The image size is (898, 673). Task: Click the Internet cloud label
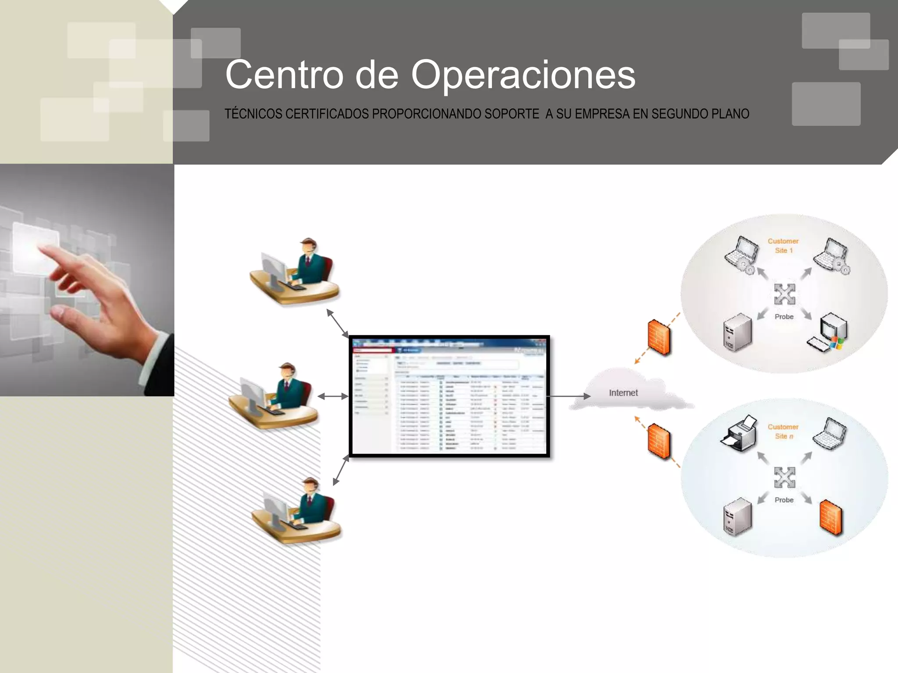tap(623, 393)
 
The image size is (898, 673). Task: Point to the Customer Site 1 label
tap(783, 246)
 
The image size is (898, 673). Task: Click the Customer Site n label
tap(783, 431)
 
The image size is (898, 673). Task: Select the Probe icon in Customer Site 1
tap(784, 294)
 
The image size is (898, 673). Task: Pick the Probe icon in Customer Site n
tap(784, 478)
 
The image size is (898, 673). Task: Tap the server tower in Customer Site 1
tap(737, 332)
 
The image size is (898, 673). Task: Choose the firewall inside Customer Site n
tap(831, 518)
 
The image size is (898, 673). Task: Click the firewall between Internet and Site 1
tap(659, 337)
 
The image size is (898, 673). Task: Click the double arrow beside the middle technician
tap(333, 396)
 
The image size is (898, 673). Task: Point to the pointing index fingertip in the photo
tap(40, 248)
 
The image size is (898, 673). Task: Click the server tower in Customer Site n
tap(737, 517)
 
